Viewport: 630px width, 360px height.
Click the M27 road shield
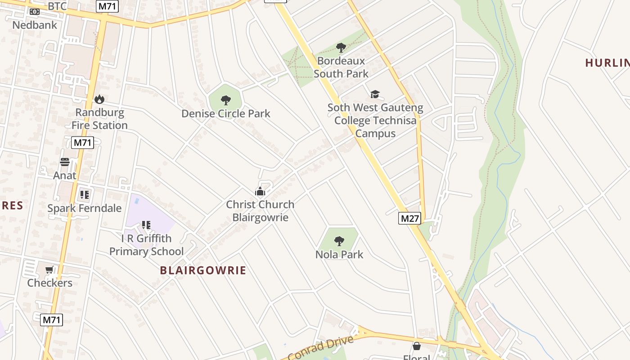point(409,219)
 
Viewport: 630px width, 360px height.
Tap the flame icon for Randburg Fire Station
point(99,99)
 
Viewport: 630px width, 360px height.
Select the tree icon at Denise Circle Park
point(226,100)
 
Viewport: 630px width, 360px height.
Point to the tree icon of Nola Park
point(339,241)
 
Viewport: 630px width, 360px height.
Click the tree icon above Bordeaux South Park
point(341,47)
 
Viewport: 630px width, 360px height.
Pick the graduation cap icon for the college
point(375,94)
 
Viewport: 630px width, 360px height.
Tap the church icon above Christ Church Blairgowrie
point(260,192)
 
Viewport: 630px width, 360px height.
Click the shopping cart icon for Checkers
point(49,270)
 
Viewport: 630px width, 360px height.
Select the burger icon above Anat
point(65,162)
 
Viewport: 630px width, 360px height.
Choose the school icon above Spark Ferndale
point(84,195)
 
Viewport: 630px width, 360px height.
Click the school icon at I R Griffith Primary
point(146,225)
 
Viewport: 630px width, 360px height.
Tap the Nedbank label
point(35,25)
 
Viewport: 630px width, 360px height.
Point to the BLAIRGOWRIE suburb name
point(203,270)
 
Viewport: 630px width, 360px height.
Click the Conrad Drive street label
point(320,347)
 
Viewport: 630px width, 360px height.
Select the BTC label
point(57,6)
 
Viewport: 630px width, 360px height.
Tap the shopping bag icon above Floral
point(417,346)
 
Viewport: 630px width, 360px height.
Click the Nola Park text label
point(339,254)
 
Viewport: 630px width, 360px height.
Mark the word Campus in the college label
point(375,134)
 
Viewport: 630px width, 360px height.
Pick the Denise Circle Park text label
point(226,113)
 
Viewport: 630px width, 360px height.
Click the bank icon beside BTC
point(35,12)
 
